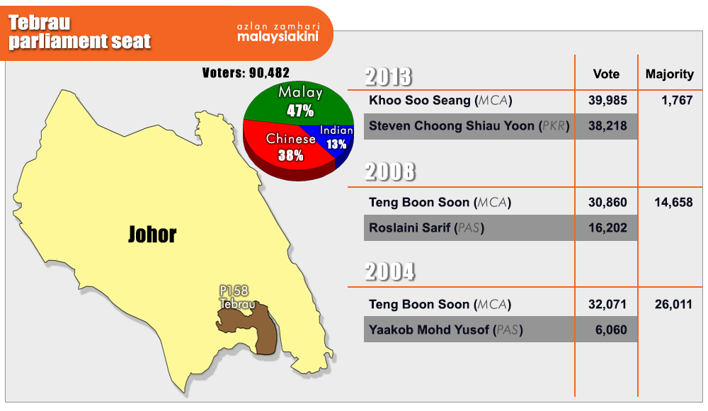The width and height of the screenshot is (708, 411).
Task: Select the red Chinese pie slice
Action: (285, 150)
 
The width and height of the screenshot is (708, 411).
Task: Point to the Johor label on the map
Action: (152, 235)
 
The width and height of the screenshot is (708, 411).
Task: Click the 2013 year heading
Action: (388, 77)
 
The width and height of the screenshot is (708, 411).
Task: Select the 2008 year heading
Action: (389, 171)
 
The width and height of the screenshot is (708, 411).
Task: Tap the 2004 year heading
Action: (389, 271)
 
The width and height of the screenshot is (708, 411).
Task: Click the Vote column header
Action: (606, 74)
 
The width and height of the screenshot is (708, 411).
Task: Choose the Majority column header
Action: (670, 74)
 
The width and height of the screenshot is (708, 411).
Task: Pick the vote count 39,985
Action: (607, 101)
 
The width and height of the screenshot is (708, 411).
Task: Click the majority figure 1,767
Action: (677, 101)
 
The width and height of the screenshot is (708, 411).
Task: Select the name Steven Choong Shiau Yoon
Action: (452, 125)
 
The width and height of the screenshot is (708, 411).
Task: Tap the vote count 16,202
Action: (607, 228)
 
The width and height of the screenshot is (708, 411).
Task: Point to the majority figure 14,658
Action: (673, 202)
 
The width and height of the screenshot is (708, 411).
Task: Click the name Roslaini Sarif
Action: (409, 228)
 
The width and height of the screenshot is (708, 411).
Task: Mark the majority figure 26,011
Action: (673, 304)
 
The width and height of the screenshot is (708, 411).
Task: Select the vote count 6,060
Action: (611, 330)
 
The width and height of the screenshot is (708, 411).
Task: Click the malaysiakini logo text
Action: (278, 36)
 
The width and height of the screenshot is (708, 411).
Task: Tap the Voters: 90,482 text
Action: (246, 73)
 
